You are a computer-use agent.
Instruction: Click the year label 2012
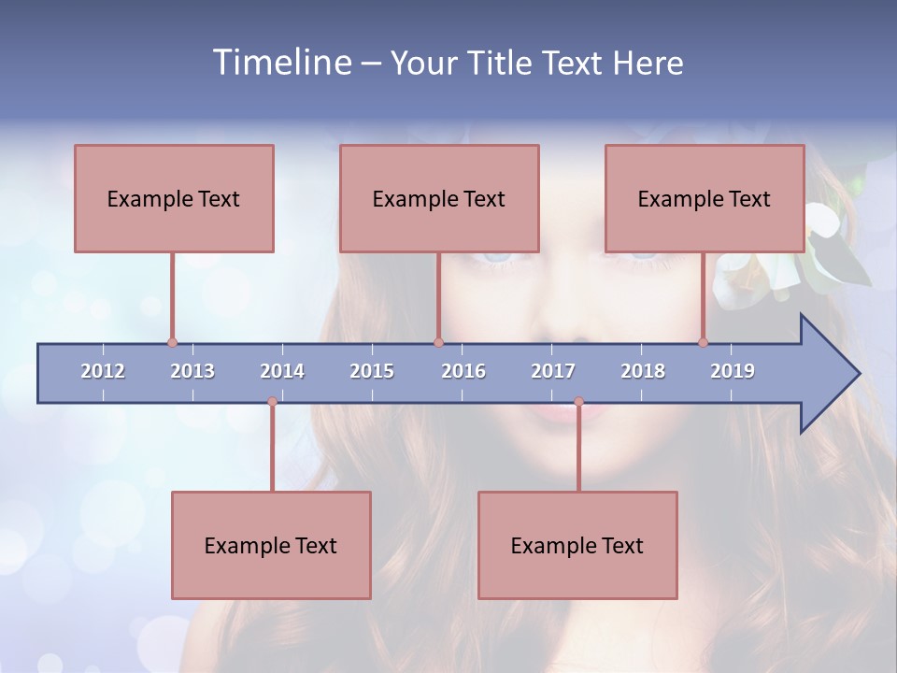pyautogui.click(x=103, y=371)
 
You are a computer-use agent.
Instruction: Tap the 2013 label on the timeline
pyautogui.click(x=192, y=371)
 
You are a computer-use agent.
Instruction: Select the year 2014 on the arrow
pyautogui.click(x=282, y=371)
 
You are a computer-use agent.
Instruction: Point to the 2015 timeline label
pyautogui.click(x=372, y=371)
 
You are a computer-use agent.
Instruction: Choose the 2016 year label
pyautogui.click(x=463, y=371)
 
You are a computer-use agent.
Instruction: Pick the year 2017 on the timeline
pyautogui.click(x=553, y=371)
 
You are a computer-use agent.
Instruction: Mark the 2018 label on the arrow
pyautogui.click(x=643, y=371)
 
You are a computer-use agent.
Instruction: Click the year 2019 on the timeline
pyautogui.click(x=733, y=371)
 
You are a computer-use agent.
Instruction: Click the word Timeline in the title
pyautogui.click(x=280, y=63)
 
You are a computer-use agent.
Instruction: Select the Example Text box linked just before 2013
pyautogui.click(x=174, y=198)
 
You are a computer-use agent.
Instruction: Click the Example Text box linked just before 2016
pyautogui.click(x=439, y=198)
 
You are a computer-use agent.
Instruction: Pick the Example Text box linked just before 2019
pyautogui.click(x=705, y=198)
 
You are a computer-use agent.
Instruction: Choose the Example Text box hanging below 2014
pyautogui.click(x=271, y=545)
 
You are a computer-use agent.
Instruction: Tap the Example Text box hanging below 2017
pyautogui.click(x=577, y=545)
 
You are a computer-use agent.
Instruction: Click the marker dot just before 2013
pyautogui.click(x=172, y=343)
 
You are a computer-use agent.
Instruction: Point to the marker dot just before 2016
pyautogui.click(x=438, y=343)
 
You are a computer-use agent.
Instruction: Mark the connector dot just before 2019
pyautogui.click(x=704, y=343)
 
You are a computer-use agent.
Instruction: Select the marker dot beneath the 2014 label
pyautogui.click(x=272, y=402)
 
